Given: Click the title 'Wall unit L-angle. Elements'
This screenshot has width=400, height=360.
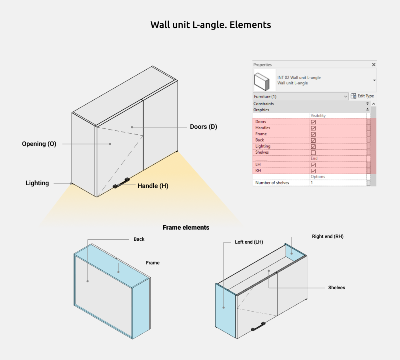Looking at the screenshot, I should (x=210, y=25).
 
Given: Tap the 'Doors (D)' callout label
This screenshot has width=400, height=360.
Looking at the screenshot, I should (x=203, y=127).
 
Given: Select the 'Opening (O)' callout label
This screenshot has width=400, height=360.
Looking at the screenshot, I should (x=39, y=144).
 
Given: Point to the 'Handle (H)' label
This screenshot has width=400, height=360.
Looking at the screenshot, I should (x=153, y=186).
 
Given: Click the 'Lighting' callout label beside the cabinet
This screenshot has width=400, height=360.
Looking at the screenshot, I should (x=37, y=183).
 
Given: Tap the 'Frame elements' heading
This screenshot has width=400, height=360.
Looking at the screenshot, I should (x=186, y=228).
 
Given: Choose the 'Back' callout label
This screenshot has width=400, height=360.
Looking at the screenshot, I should (x=139, y=239).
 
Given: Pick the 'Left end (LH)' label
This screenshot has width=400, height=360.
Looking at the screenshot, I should (x=249, y=242).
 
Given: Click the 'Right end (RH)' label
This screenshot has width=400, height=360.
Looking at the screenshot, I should (x=328, y=236).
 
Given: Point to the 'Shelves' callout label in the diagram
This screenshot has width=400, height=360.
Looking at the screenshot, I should (x=336, y=288).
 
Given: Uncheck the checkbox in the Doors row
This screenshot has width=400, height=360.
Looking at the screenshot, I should (x=313, y=122).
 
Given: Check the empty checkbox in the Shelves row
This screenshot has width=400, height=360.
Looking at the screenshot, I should (x=313, y=152).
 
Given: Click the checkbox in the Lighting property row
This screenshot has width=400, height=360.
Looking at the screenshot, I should (x=313, y=146).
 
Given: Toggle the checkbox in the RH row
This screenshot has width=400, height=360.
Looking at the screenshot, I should (x=313, y=171).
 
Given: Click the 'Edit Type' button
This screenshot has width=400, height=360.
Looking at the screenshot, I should (x=362, y=96).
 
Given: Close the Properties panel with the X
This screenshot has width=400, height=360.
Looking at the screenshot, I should (x=374, y=64).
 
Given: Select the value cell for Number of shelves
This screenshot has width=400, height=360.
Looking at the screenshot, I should (x=338, y=183).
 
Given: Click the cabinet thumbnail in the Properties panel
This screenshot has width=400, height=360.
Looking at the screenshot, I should (x=264, y=80).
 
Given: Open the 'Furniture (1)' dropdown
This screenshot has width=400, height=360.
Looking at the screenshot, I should (x=301, y=96).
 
